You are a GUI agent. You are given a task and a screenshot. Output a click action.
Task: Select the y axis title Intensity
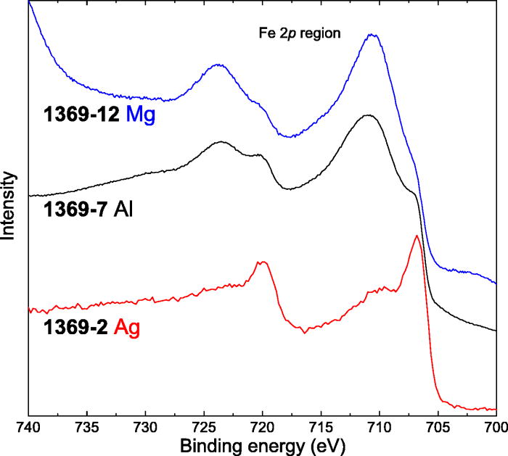click(9, 206)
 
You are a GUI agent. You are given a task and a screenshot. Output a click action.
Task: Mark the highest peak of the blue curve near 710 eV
click(373, 34)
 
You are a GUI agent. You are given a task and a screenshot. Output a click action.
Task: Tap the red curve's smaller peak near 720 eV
click(262, 262)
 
